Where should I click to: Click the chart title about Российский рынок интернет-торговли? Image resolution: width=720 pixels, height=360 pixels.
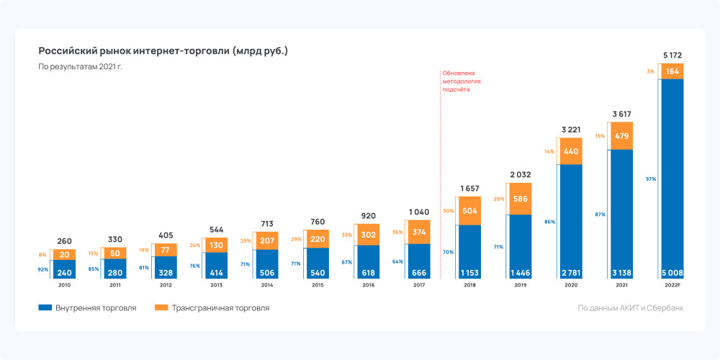point(163,51)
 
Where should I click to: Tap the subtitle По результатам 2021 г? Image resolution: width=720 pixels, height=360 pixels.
point(81,67)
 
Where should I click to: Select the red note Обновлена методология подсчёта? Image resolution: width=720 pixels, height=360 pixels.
point(462,81)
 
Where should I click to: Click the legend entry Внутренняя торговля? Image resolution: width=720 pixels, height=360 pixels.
point(87,308)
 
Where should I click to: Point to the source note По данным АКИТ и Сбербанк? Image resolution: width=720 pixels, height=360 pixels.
point(630,308)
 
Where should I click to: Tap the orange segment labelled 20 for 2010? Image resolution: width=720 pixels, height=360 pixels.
point(64,254)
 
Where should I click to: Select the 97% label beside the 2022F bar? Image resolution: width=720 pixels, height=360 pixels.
point(651,179)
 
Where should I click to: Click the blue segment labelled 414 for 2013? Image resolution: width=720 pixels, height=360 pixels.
point(216,265)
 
